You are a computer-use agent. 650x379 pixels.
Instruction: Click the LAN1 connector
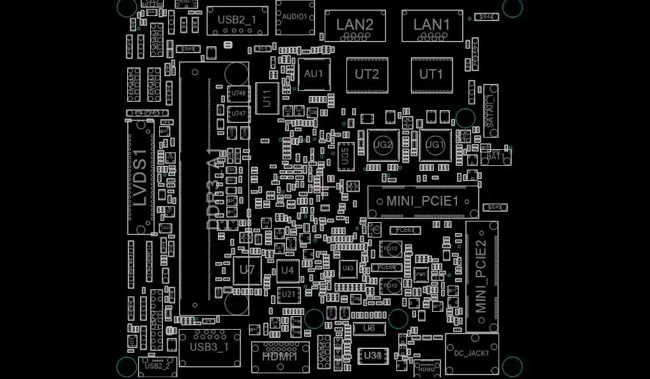pyautogui.click(x=431, y=26)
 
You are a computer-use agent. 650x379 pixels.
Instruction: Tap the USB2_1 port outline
pyautogui.click(x=237, y=20)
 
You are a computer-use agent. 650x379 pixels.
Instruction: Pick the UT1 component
pyautogui.click(x=431, y=74)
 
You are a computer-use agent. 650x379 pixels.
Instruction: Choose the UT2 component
pyautogui.click(x=367, y=74)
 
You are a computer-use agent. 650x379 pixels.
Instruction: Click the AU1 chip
pyautogui.click(x=314, y=74)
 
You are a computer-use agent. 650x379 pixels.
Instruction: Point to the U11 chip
pyautogui.click(x=267, y=98)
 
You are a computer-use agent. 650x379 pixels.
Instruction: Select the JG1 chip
pyautogui.click(x=435, y=145)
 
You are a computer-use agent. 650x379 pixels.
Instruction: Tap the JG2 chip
pyautogui.click(x=383, y=145)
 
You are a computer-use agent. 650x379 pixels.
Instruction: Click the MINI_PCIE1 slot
pyautogui.click(x=423, y=202)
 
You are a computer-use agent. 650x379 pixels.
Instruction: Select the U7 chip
pyautogui.click(x=247, y=270)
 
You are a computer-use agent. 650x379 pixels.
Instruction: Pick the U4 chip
pyautogui.click(x=288, y=270)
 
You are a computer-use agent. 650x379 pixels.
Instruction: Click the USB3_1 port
pyautogui.click(x=209, y=348)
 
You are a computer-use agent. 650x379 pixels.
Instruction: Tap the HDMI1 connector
pyautogui.click(x=280, y=357)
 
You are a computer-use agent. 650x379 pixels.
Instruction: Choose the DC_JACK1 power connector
pyautogui.click(x=472, y=353)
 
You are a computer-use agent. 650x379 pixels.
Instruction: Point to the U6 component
pyautogui.click(x=369, y=328)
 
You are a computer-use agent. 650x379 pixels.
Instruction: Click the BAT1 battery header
pyautogui.click(x=495, y=156)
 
